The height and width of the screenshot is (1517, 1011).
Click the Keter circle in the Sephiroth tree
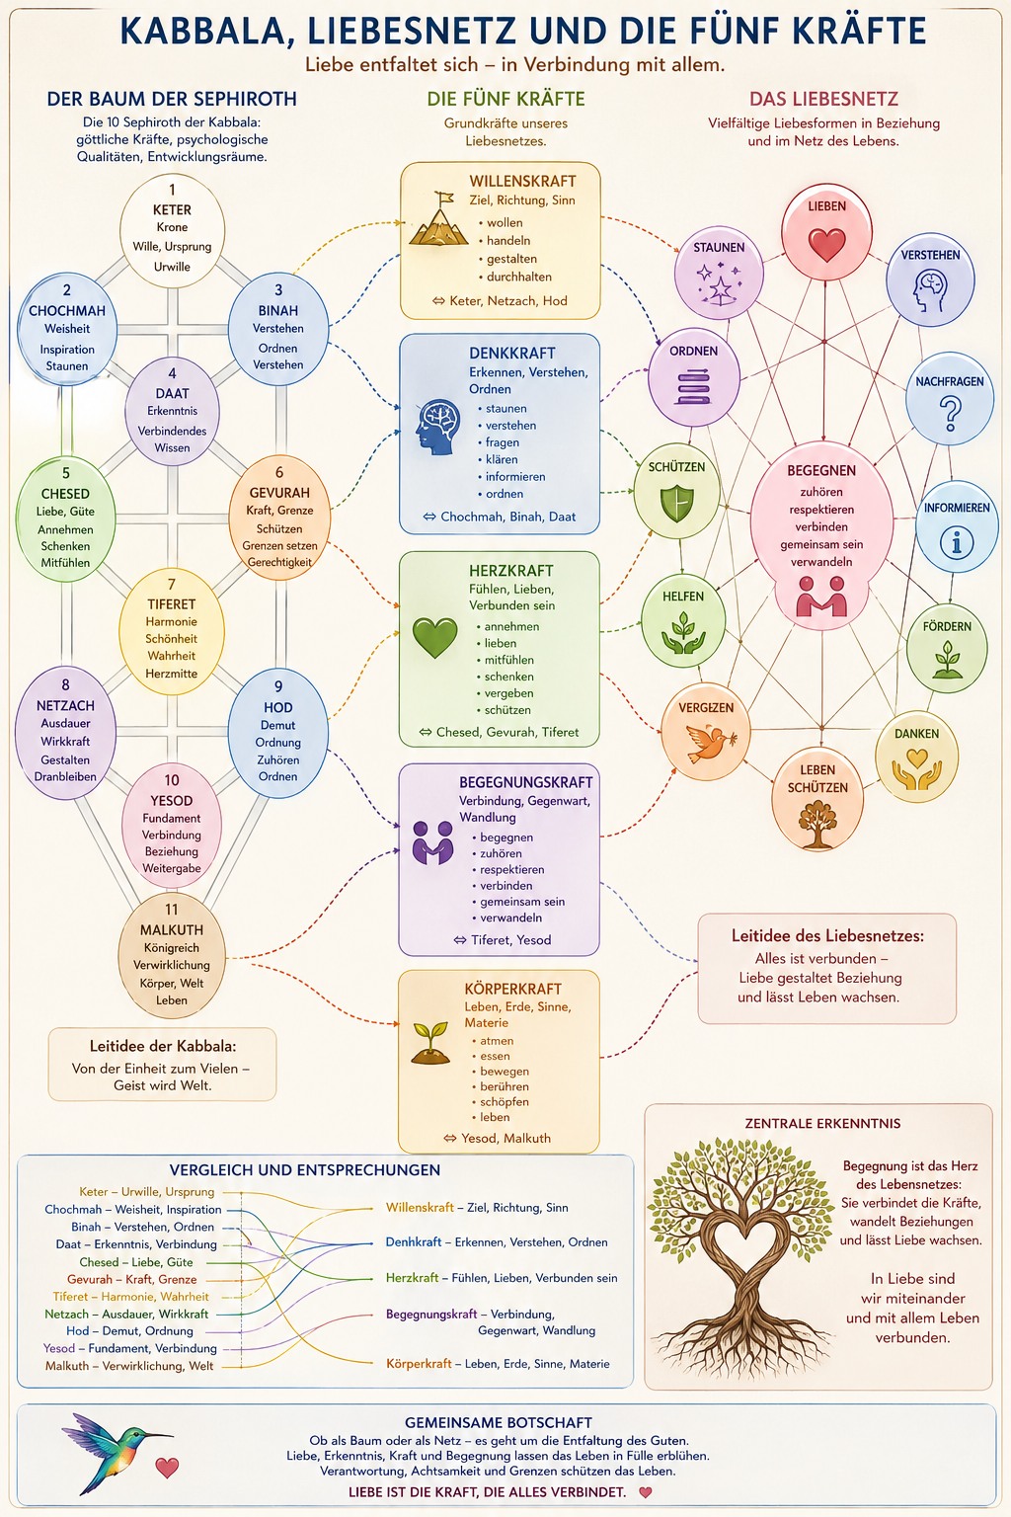click(x=172, y=230)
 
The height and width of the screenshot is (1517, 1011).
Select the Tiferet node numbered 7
click(x=172, y=631)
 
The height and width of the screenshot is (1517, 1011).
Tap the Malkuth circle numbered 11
click(x=172, y=955)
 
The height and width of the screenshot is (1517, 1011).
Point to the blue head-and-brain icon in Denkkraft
click(x=438, y=427)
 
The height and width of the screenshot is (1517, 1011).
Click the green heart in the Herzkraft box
click(x=434, y=637)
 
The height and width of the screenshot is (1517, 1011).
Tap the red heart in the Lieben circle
click(x=826, y=244)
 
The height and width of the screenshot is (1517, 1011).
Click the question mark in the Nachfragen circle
click(x=950, y=413)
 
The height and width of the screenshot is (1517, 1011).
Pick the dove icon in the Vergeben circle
click(x=708, y=743)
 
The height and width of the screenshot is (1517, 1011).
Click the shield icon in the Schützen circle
click(x=676, y=503)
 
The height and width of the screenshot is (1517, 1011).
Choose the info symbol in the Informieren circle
click(x=957, y=542)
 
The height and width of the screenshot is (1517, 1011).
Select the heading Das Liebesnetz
click(x=823, y=99)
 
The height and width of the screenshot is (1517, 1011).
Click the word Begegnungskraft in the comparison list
click(x=431, y=1314)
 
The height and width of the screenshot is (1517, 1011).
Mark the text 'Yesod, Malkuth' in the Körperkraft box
click(x=505, y=1139)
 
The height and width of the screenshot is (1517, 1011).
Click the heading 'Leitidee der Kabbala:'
click(x=163, y=1046)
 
